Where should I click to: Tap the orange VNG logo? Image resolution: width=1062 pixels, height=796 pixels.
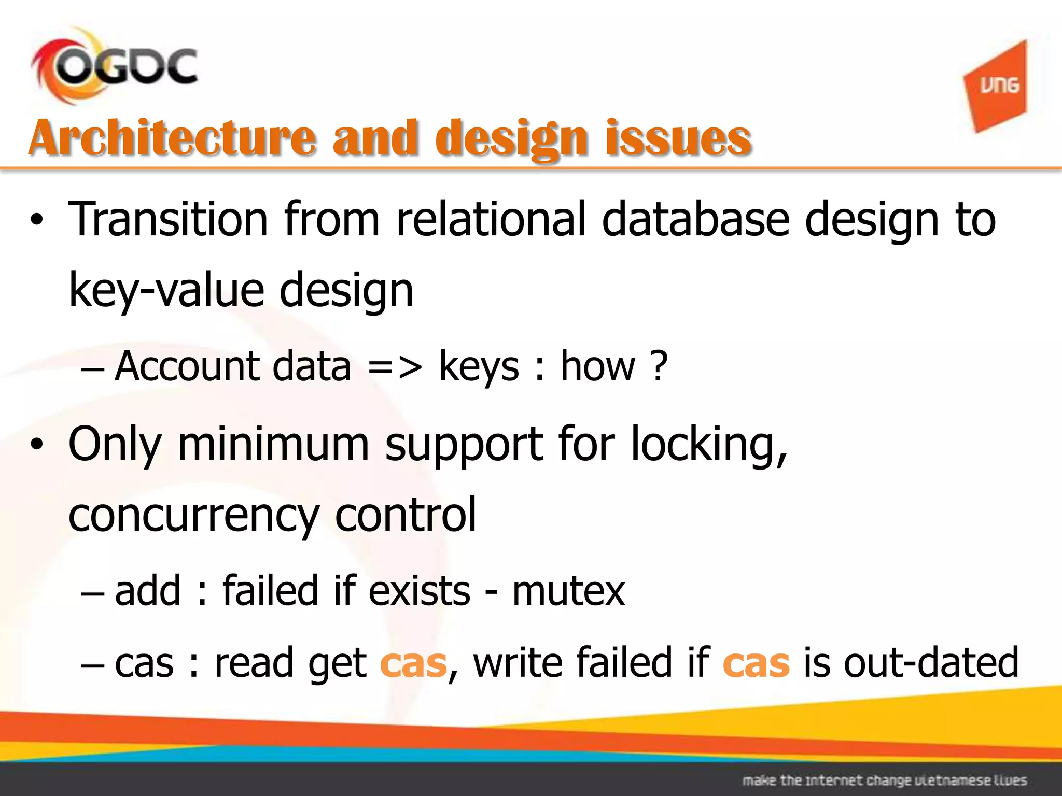[x=996, y=86]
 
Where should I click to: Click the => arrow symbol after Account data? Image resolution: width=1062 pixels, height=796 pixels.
[x=395, y=366]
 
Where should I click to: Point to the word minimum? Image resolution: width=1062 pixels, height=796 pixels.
[x=273, y=444]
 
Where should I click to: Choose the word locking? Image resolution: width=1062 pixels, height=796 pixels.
[x=708, y=444]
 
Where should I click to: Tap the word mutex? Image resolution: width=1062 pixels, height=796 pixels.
[x=568, y=591]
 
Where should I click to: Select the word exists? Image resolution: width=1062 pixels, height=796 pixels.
[x=419, y=591]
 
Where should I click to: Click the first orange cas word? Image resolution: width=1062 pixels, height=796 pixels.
[x=413, y=663]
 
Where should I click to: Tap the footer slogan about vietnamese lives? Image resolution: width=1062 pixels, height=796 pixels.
[x=884, y=780]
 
